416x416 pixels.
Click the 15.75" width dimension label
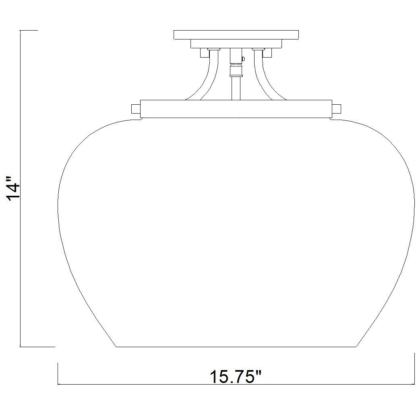point(236,377)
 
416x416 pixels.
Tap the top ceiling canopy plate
point(236,35)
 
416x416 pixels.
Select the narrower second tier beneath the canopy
point(236,43)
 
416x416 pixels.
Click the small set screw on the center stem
point(242,59)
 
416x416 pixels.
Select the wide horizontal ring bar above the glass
point(236,109)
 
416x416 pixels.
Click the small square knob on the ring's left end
point(136,109)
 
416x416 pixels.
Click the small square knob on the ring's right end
point(336,109)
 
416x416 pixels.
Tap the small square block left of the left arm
point(204,52)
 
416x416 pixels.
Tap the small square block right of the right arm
point(267,52)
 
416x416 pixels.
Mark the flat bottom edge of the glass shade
point(236,346)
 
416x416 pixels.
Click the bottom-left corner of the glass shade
point(116,346)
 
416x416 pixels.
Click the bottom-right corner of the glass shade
point(356,346)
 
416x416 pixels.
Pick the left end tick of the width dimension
point(59,374)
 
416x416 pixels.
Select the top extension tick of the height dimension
point(29,30)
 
